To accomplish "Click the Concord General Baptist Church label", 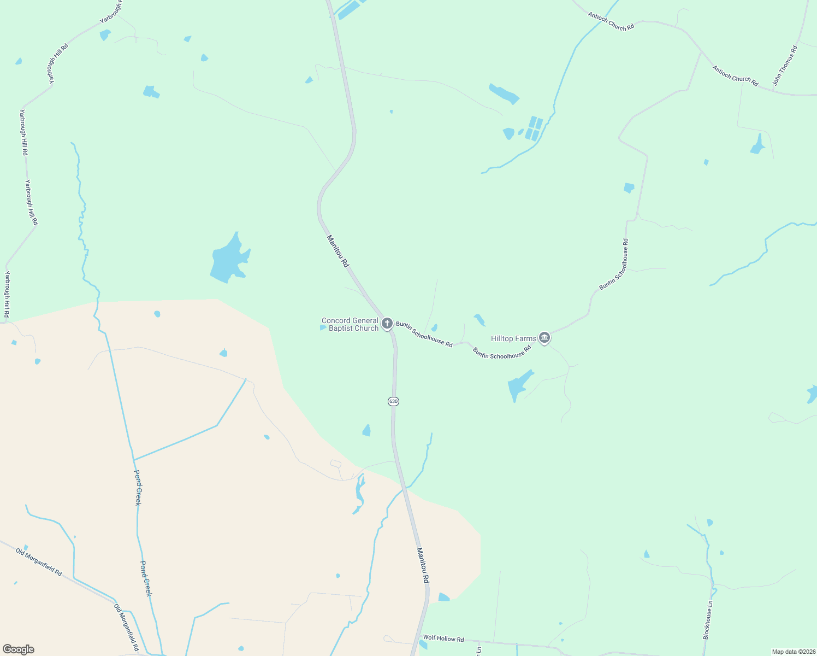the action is point(350,324).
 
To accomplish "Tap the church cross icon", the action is point(387,324).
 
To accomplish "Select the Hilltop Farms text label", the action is point(513,338).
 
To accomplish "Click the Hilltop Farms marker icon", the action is point(544,338).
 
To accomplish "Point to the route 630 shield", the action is point(393,401).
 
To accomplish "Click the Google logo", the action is point(19,649).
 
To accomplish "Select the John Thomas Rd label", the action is point(785,66).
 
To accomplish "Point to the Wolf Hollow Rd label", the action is point(443,638).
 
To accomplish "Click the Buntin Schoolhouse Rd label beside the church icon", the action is point(424,334).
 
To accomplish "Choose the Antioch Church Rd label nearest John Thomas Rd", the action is point(735,76).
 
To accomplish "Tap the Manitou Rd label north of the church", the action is point(338,251).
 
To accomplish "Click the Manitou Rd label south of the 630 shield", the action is point(423,565).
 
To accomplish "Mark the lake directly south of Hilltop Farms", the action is point(518,385).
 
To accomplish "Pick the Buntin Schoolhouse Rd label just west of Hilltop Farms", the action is point(502,353).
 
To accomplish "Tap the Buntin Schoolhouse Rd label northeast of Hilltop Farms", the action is point(614,264).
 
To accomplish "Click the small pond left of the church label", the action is point(322,327).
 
